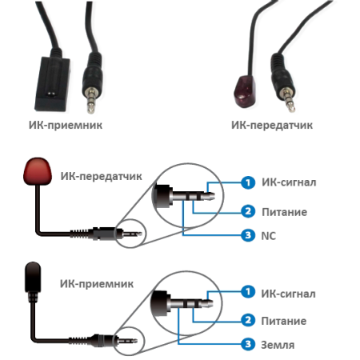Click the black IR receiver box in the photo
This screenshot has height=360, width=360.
click(x=53, y=84)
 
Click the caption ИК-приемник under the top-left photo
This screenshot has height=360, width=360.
click(x=66, y=125)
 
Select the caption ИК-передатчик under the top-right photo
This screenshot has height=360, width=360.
click(x=272, y=125)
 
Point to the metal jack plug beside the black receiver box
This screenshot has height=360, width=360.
click(x=91, y=99)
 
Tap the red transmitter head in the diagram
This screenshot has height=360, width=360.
click(x=38, y=171)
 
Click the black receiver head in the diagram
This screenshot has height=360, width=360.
click(x=33, y=278)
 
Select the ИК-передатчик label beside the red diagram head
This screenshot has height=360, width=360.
click(x=101, y=176)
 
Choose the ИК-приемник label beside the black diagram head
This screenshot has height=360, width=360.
click(x=97, y=284)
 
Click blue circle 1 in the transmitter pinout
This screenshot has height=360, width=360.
click(x=248, y=182)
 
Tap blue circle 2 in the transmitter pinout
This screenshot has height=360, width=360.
click(x=248, y=211)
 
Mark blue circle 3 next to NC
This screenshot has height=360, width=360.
click(x=248, y=235)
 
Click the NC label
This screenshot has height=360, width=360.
click(x=268, y=236)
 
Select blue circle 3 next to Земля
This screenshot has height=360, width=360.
click(x=248, y=344)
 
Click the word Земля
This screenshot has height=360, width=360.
click(x=278, y=345)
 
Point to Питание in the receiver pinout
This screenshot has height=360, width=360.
click(x=284, y=321)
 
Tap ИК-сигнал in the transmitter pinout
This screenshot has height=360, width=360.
click(x=289, y=182)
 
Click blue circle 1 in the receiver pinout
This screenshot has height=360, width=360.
click(x=248, y=292)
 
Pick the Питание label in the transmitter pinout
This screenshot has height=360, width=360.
click(x=284, y=212)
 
